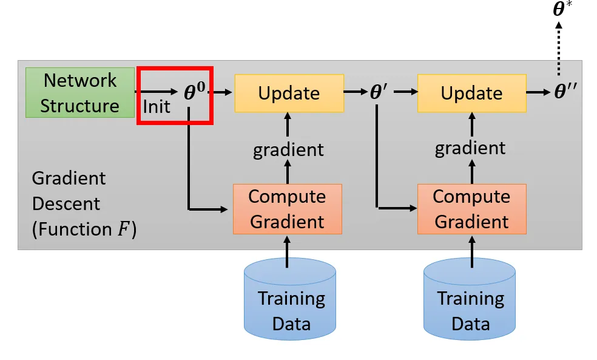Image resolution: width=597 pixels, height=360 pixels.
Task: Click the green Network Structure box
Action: point(79,92)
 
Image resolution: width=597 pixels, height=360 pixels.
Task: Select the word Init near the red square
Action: point(157,107)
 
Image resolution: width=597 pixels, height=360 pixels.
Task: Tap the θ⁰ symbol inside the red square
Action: point(195,92)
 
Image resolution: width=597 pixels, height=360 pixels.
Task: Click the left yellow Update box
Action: point(289,93)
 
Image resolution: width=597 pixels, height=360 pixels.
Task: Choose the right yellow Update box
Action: point(471,93)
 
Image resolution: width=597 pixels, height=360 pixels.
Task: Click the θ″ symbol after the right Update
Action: point(566,92)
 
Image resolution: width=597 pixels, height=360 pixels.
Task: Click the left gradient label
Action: point(288,149)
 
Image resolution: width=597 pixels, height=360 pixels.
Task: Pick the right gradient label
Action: point(470,148)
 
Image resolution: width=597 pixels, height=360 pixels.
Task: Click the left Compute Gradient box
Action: point(288,209)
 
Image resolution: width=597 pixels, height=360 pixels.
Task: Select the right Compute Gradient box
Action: point(471,209)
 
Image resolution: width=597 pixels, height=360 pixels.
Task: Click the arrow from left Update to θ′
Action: point(355,92)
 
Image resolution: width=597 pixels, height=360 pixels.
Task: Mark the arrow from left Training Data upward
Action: point(288,251)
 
